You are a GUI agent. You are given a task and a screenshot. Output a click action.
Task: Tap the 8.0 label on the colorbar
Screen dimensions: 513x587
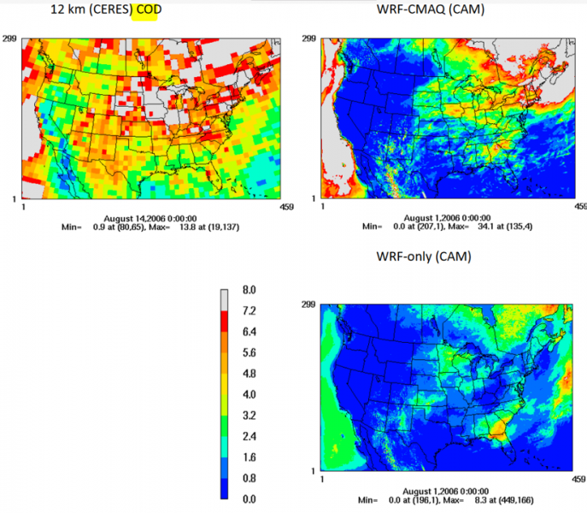tap(251, 291)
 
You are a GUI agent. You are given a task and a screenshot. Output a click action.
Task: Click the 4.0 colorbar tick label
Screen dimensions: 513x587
tap(251, 395)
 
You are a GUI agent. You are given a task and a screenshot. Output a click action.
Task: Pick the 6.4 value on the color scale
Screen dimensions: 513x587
tap(251, 332)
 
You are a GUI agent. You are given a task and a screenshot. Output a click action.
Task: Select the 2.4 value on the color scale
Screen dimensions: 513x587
tap(251, 436)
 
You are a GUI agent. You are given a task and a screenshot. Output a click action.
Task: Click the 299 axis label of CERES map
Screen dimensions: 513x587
tap(14, 39)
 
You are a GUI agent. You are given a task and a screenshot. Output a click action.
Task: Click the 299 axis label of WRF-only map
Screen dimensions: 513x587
tap(311, 305)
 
